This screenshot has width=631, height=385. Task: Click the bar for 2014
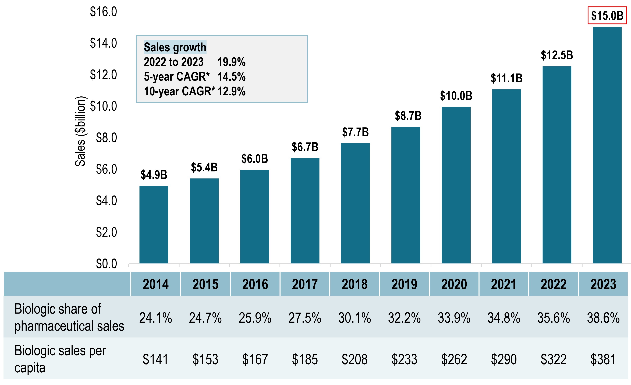[x=154, y=225]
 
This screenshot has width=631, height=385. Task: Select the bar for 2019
[x=406, y=195]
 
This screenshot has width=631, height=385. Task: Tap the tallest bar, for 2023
[x=607, y=145]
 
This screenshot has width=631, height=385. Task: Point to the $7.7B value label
[x=355, y=132]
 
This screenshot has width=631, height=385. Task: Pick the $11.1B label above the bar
[x=506, y=78]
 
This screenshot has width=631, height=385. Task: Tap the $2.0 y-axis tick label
[x=106, y=232]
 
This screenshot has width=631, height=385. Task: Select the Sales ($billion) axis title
[x=80, y=131]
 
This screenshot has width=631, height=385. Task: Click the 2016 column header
[x=255, y=284]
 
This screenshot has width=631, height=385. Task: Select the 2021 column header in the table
[x=504, y=284]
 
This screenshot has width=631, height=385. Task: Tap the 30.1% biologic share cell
[x=355, y=318]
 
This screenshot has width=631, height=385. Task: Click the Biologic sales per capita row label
[x=60, y=359]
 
